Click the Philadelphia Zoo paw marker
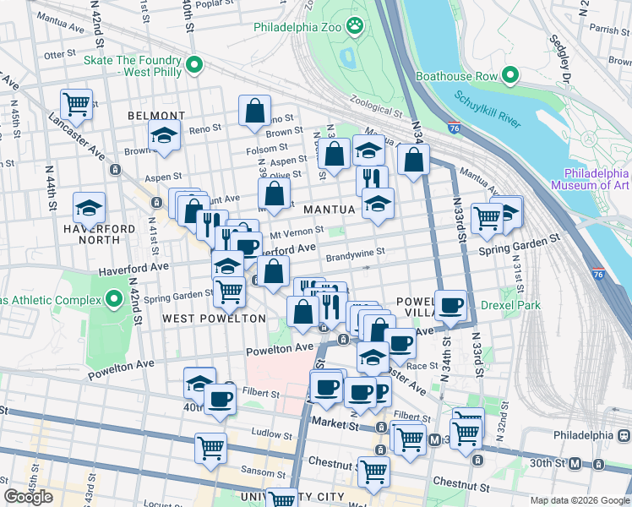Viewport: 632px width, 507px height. [359, 27]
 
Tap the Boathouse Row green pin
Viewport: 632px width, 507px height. [510, 76]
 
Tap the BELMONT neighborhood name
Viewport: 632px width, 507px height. [156, 116]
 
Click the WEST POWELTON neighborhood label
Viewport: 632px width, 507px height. [214, 319]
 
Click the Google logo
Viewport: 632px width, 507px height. [29, 497]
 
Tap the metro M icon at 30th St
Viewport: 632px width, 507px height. [575, 463]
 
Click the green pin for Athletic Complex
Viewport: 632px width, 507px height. [113, 299]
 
